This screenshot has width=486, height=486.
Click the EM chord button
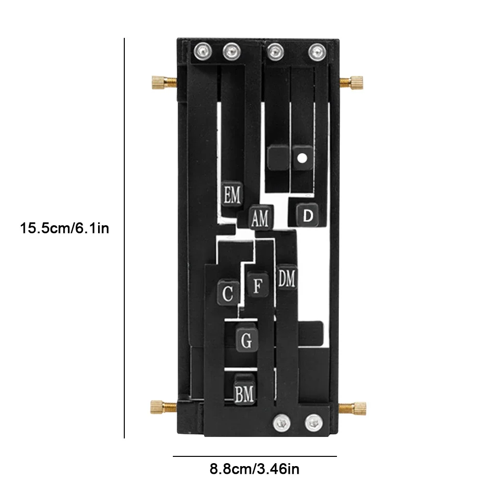click(x=232, y=196)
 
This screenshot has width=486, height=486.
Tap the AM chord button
click(x=260, y=218)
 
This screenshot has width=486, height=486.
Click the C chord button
click(x=227, y=293)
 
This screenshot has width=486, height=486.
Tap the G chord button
click(x=247, y=340)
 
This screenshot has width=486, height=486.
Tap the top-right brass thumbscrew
click(x=353, y=81)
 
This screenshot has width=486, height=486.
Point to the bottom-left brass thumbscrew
click(x=161, y=406)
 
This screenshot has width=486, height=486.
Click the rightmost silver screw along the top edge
click(x=317, y=50)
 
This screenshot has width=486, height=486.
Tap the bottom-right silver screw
click(x=313, y=422)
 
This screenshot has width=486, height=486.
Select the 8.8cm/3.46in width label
click(x=254, y=469)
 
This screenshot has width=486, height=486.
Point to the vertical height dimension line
click(x=125, y=238)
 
